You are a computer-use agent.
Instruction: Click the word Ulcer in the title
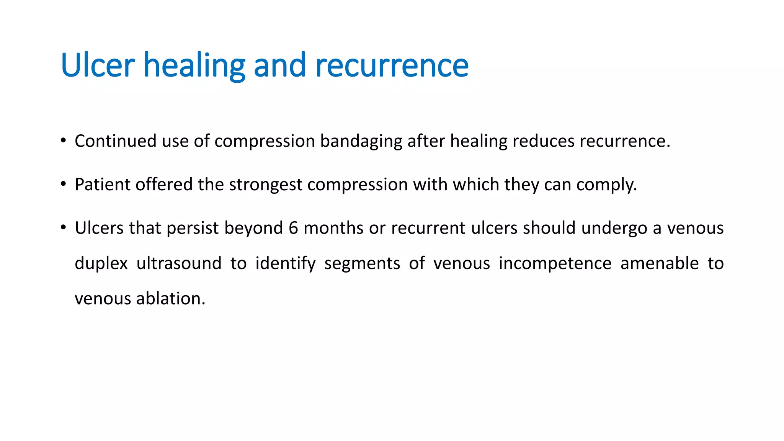[x=98, y=65]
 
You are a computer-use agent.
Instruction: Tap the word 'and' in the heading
[x=279, y=65]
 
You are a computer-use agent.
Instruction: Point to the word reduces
[x=543, y=141]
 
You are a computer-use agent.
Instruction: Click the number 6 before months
[x=293, y=228]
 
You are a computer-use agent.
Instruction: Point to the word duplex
[x=101, y=264]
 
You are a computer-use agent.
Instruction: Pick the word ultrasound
[x=179, y=263]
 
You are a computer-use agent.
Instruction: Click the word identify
[x=286, y=264]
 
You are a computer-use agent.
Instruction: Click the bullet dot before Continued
[x=63, y=140]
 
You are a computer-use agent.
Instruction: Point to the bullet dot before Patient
[x=63, y=184]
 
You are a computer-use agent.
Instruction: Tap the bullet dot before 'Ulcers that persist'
[x=63, y=228]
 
